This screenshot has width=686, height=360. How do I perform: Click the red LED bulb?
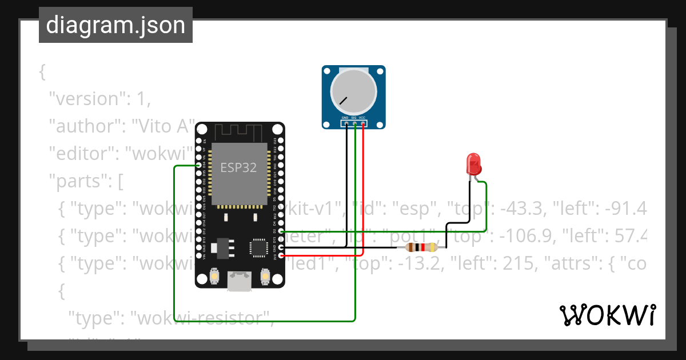point(474,164)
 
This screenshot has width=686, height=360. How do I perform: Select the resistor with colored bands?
point(421,247)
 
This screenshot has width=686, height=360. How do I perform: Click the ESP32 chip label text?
point(238,167)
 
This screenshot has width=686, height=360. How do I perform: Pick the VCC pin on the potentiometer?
point(362,123)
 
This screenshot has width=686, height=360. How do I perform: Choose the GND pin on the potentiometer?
point(346,123)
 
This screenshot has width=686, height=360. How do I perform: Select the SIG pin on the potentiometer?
point(354,123)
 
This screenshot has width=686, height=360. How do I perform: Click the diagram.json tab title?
point(115,25)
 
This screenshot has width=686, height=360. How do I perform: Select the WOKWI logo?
point(608,315)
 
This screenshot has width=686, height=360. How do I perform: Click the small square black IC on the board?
point(257,247)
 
